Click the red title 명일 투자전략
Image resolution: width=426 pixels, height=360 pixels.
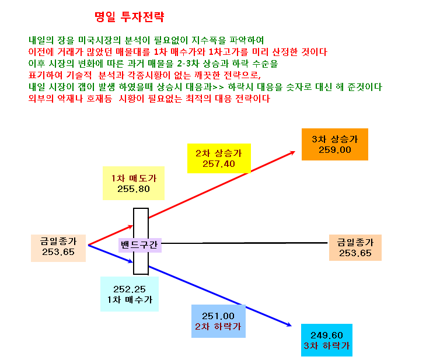coord(130,16)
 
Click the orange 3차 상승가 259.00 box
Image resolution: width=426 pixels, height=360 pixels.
coord(335,144)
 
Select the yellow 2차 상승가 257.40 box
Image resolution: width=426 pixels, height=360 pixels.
coord(219,158)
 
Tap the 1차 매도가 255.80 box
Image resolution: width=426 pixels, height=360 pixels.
coord(134,183)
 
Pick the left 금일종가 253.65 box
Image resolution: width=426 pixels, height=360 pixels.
coord(58,248)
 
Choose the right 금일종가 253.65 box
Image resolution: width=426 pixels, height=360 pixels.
coord(355,247)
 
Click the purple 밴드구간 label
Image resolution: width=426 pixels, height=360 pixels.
coord(139,245)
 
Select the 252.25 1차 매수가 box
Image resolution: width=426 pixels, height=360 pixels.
coord(130,294)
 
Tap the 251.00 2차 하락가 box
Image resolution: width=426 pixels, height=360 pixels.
coord(218,321)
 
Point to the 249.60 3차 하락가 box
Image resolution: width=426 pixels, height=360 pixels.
coord(327,340)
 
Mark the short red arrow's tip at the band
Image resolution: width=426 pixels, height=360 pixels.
coord(132,226)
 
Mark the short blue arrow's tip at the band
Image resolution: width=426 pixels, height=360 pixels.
coord(132,262)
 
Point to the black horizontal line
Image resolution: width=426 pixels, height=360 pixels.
coord(245,243)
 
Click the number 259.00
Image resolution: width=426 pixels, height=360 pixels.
coord(335,150)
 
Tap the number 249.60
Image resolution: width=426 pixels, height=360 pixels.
coord(327,335)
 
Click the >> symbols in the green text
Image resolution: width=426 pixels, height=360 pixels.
coord(218,87)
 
